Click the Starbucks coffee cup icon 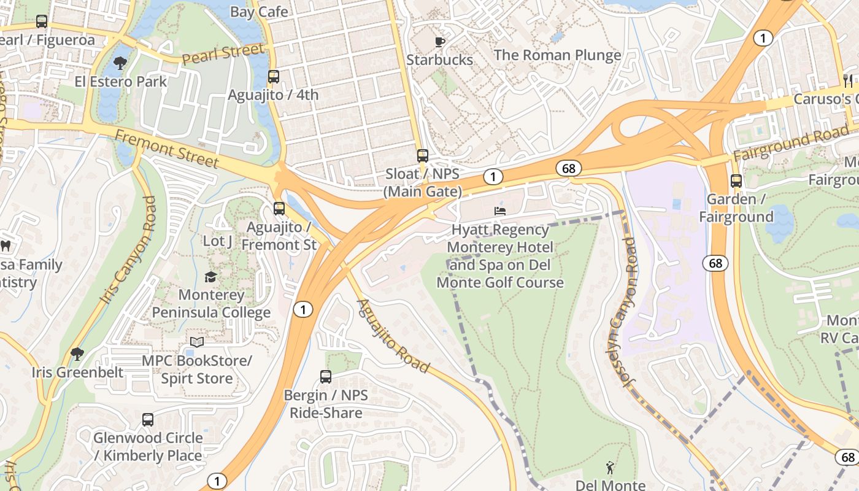pyautogui.click(x=439, y=42)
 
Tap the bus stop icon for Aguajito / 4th pyautogui.click(x=274, y=77)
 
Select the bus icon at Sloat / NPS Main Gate pyautogui.click(x=422, y=156)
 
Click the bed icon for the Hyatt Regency pyautogui.click(x=500, y=211)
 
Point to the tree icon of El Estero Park pyautogui.click(x=120, y=63)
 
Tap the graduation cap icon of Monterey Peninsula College pyautogui.click(x=211, y=277)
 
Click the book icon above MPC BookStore pyautogui.click(x=196, y=342)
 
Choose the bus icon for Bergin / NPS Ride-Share pyautogui.click(x=326, y=377)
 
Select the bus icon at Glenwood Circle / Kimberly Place pyautogui.click(x=148, y=420)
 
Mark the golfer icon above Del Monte pyautogui.click(x=610, y=468)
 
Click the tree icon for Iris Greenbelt pyautogui.click(x=77, y=354)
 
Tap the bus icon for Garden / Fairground pyautogui.click(x=736, y=181)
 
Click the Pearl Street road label pyautogui.click(x=223, y=53)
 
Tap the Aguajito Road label pyautogui.click(x=393, y=335)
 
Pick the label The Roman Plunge pyautogui.click(x=557, y=55)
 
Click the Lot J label pyautogui.click(x=217, y=241)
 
